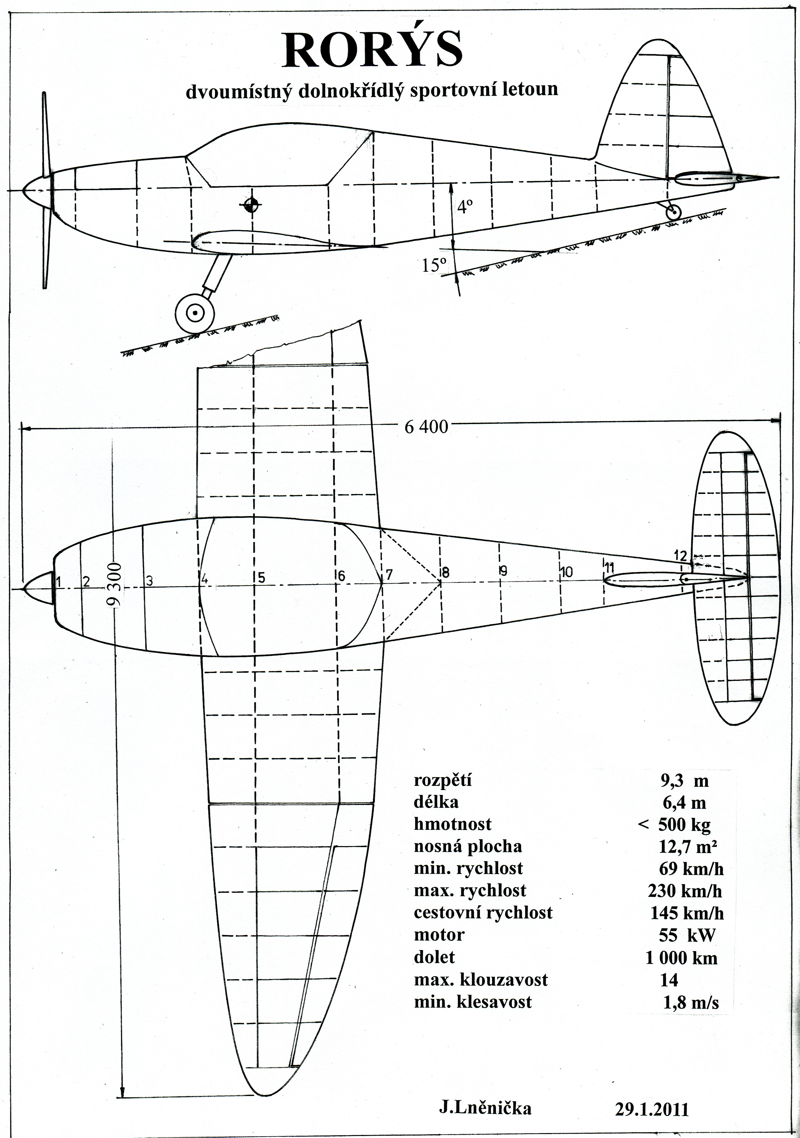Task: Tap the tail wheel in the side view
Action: point(673,213)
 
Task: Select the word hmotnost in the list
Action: point(453,824)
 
